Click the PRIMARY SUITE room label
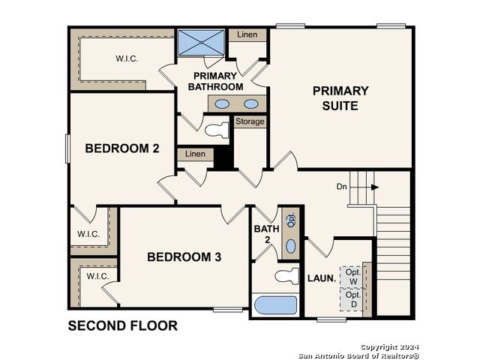(340, 98)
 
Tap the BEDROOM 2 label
(122, 148)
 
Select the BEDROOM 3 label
(184, 257)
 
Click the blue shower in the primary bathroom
(201, 43)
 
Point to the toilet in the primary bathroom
(217, 130)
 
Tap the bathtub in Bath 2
(276, 305)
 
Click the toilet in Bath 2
(286, 276)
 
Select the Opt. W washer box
(353, 277)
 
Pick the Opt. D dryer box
(353, 300)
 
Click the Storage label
(250, 121)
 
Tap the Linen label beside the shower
(247, 34)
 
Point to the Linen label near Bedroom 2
(195, 154)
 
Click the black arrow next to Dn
(375, 187)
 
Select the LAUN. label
(322, 278)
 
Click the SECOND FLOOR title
(123, 325)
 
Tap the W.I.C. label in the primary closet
(127, 58)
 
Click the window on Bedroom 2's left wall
(68, 148)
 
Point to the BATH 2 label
(267, 234)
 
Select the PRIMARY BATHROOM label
(215, 82)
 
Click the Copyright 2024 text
(389, 347)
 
